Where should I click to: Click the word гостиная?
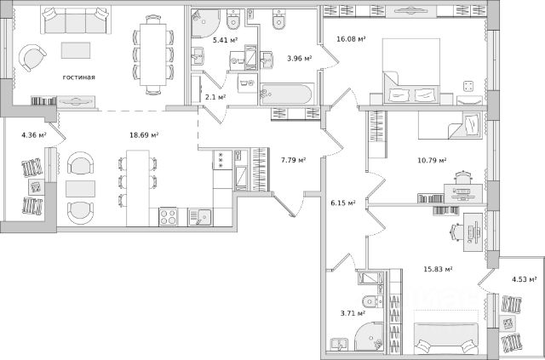coord(79,77)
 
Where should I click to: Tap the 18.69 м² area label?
coord(144,134)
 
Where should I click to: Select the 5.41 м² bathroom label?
coord(225,40)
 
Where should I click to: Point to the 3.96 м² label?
coord(299,59)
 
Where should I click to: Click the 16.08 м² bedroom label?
coord(351,39)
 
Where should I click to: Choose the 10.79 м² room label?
coord(432,160)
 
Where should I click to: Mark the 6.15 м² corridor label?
coord(342,203)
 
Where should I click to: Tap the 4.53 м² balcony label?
coord(525,279)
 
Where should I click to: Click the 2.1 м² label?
coord(215,97)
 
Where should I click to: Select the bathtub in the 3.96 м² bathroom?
coord(287,94)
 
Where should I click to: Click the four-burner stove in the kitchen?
coord(169,216)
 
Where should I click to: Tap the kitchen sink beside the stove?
coord(200,217)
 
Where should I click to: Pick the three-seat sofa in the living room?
coord(76,20)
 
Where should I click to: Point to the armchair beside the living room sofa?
coord(32,58)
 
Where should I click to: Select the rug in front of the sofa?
coord(76,50)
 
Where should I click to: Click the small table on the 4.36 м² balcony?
coord(36,187)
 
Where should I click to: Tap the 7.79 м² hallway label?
coord(293,160)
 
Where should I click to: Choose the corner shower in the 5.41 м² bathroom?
coord(205,23)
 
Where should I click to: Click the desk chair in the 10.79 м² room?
coord(462,177)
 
